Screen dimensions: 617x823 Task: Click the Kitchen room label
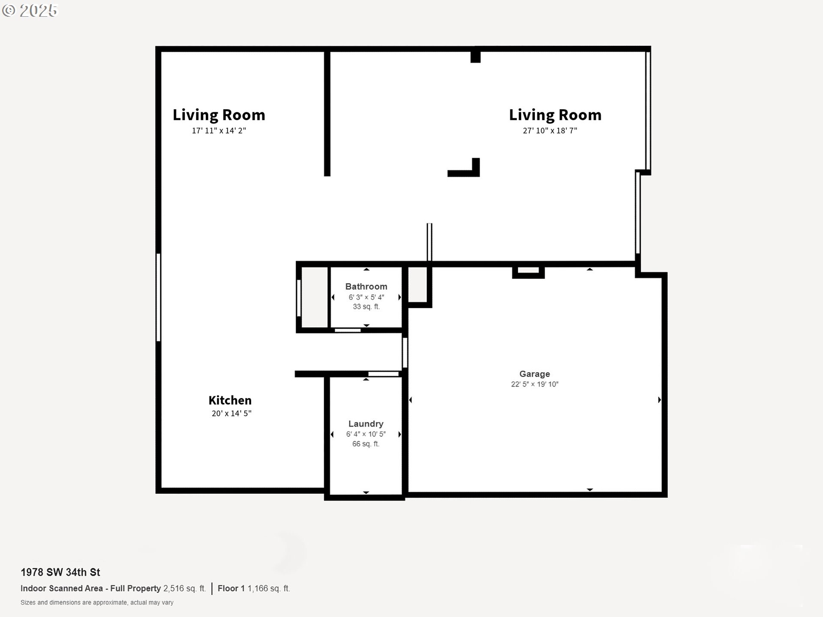(230, 400)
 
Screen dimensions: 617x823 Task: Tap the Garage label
(535, 374)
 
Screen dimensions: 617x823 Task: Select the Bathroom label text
(366, 287)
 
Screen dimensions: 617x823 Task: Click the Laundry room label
(366, 424)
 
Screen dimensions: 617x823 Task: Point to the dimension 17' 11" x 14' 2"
(219, 131)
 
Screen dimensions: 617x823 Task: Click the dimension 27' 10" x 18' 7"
(550, 131)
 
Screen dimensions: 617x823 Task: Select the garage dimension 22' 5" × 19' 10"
(535, 384)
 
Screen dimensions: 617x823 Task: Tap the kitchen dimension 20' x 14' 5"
(231, 413)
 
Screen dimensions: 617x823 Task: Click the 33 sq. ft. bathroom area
(366, 307)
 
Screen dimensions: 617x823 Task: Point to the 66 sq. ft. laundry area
(366, 444)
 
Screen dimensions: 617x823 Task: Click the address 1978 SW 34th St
(60, 572)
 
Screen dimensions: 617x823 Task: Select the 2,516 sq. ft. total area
(184, 589)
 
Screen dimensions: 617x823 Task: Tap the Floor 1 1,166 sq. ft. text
(254, 589)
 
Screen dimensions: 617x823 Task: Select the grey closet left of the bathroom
(314, 297)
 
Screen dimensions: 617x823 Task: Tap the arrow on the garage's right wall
(659, 400)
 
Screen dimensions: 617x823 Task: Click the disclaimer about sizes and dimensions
(97, 603)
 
